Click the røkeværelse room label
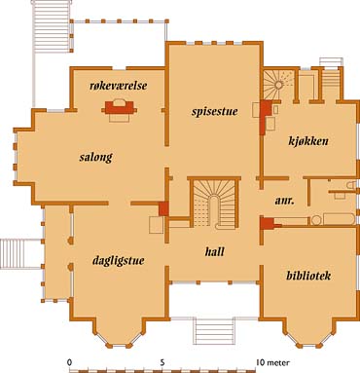click(119, 86)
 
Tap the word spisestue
click(215, 111)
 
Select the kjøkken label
click(308, 141)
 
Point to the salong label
click(96, 157)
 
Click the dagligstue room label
click(119, 261)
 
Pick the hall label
click(215, 251)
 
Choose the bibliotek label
click(308, 276)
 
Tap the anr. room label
click(285, 201)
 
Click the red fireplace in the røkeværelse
click(119, 107)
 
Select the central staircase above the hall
click(214, 204)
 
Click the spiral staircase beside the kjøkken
click(278, 85)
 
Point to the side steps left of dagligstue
click(20, 254)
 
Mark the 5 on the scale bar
click(162, 362)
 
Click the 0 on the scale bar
click(69, 362)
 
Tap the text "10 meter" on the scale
click(272, 362)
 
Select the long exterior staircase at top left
click(52, 26)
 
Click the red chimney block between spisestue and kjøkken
click(266, 117)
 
